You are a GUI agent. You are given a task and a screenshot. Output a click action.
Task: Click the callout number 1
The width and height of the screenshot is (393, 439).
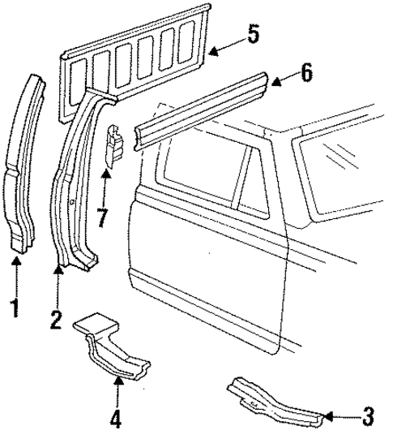point(13,308)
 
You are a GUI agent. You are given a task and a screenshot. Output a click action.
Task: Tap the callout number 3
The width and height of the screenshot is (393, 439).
point(368,418)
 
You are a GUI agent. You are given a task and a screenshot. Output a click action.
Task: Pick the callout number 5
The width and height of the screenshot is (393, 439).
point(253,35)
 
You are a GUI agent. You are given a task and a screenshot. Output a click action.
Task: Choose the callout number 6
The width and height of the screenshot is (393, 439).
point(305,72)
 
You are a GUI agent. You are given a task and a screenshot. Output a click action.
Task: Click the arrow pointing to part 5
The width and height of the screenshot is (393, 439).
point(223,49)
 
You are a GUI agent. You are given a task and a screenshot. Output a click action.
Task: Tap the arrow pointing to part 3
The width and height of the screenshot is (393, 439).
point(340,418)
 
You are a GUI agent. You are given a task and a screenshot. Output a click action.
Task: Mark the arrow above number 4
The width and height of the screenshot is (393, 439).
point(117,394)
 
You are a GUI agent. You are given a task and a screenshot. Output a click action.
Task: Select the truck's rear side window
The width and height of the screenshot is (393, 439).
point(340,170)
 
